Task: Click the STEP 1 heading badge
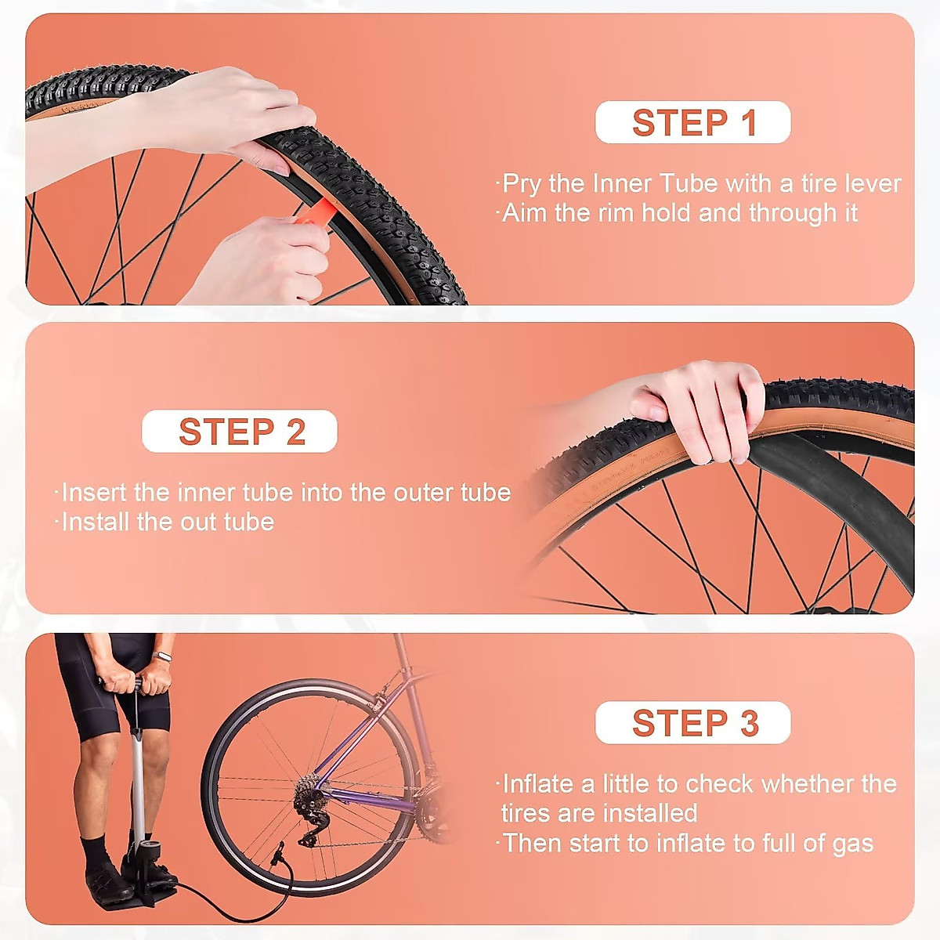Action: (693, 123)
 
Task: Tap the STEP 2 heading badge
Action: (240, 432)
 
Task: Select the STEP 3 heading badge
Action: (693, 723)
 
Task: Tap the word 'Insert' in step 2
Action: (94, 493)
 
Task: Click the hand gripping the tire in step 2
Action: (701, 407)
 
